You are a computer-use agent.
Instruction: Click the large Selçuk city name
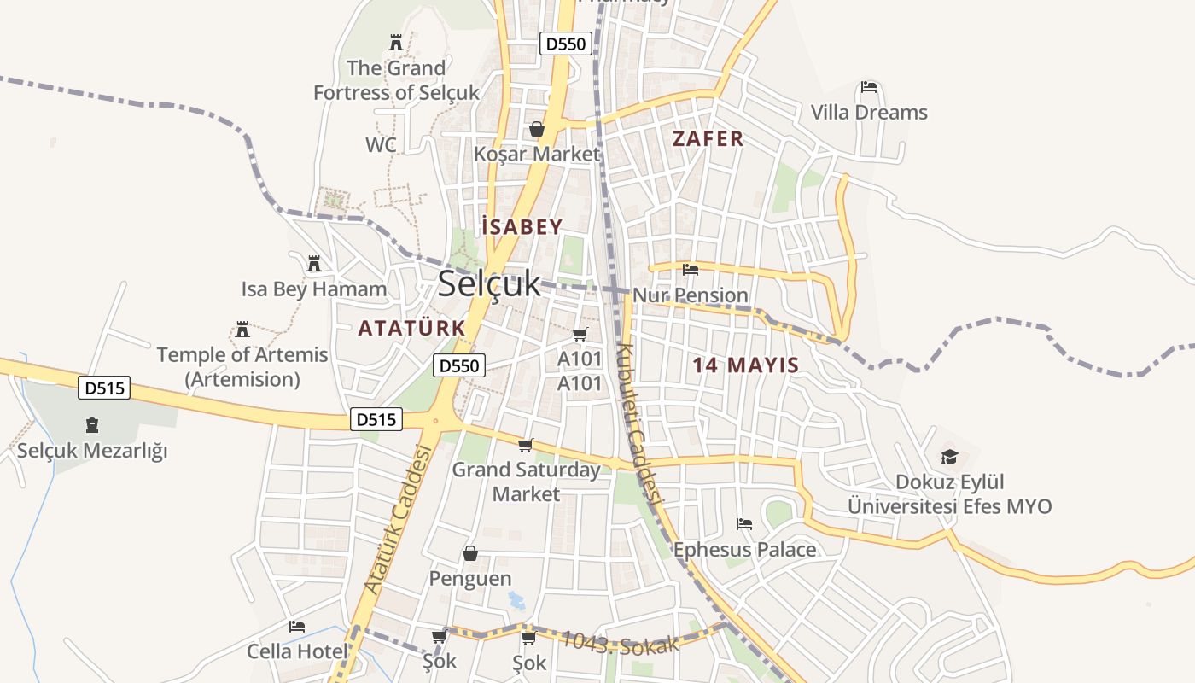pyautogui.click(x=489, y=284)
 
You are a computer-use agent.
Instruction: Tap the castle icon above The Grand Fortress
pyautogui.click(x=396, y=42)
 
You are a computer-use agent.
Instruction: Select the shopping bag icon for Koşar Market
pyautogui.click(x=537, y=130)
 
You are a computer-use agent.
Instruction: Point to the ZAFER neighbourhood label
pyautogui.click(x=708, y=139)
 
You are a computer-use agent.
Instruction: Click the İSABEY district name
pyautogui.click(x=522, y=227)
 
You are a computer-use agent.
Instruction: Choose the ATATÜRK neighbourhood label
pyautogui.click(x=411, y=328)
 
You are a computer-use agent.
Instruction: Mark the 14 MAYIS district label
pyautogui.click(x=745, y=365)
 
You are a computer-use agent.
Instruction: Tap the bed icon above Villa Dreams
pyautogui.click(x=869, y=87)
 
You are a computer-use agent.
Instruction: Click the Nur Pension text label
pyautogui.click(x=691, y=295)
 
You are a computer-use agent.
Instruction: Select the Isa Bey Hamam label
pyautogui.click(x=314, y=289)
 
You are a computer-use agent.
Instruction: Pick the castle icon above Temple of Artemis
pyautogui.click(x=242, y=330)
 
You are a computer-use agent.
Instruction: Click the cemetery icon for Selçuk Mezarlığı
pyautogui.click(x=92, y=425)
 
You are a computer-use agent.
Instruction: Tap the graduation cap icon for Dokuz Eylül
pyautogui.click(x=949, y=458)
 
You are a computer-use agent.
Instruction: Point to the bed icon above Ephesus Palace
pyautogui.click(x=744, y=524)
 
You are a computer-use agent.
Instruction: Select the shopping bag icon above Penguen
pyautogui.click(x=469, y=554)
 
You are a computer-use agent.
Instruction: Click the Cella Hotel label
pyautogui.click(x=297, y=651)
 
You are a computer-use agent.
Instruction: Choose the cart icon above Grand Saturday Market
pyautogui.click(x=526, y=446)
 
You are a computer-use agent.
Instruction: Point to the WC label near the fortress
pyautogui.click(x=381, y=145)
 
